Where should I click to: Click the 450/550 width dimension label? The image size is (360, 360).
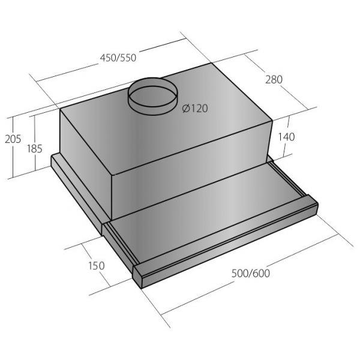click(118, 58)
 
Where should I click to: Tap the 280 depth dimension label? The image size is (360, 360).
click(274, 79)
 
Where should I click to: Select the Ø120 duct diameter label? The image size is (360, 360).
click(195, 109)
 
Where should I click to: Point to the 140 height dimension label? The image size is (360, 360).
click(286, 137)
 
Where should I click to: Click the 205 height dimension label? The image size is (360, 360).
click(13, 139)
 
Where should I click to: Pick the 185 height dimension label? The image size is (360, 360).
click(35, 149)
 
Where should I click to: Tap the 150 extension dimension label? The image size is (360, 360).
click(97, 265)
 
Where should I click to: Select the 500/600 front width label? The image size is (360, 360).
click(251, 273)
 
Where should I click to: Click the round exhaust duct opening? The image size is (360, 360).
click(152, 96)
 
